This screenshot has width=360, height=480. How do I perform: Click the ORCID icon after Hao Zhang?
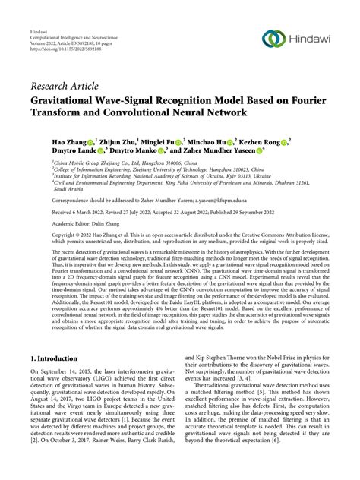(91, 141)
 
